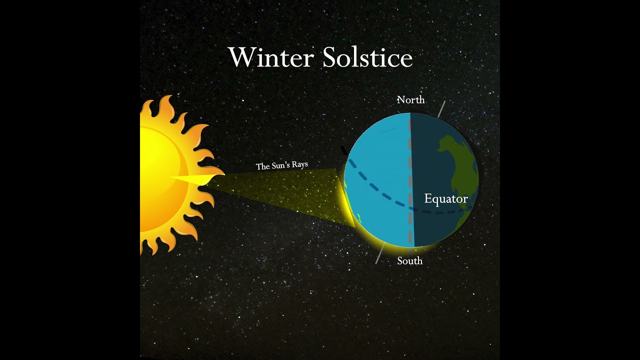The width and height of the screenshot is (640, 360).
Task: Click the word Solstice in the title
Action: tap(367, 57)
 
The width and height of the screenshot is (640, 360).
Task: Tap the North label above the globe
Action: tap(410, 100)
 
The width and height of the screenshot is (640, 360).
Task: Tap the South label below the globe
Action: tap(410, 261)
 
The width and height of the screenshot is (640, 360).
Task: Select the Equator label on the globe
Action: tap(446, 199)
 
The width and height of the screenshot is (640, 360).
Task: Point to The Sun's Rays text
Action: tap(282, 165)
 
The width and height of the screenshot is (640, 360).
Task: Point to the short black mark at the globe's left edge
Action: tap(343, 150)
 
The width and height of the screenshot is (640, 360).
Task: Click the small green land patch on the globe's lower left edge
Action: tap(359, 218)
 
